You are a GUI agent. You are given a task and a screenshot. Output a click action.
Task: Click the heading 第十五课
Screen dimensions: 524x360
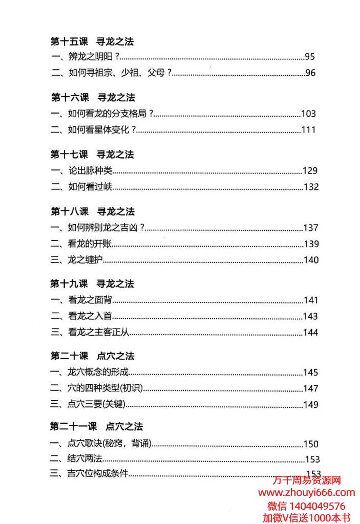(70, 41)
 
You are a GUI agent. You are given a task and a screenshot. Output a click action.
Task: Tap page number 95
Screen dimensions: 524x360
(310, 57)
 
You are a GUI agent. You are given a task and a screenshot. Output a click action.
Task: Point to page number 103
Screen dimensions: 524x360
(308, 114)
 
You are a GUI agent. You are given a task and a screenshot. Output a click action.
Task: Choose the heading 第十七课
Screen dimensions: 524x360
(70, 155)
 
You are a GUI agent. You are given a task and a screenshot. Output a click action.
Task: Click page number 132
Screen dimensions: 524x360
(311, 187)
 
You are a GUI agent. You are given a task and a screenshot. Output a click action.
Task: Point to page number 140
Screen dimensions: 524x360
(311, 260)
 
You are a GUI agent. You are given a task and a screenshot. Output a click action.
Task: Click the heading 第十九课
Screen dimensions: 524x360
(70, 284)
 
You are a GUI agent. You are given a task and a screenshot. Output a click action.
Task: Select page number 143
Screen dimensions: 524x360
(310, 316)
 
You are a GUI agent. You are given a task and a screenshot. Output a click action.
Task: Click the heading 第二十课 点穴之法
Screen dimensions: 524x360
(92, 356)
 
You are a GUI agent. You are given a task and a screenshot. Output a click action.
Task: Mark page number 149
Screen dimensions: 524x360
(310, 405)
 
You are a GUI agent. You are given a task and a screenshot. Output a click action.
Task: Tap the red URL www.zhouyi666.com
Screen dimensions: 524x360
(306, 493)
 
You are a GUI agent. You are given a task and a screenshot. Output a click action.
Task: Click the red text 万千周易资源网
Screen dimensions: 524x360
(306, 481)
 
